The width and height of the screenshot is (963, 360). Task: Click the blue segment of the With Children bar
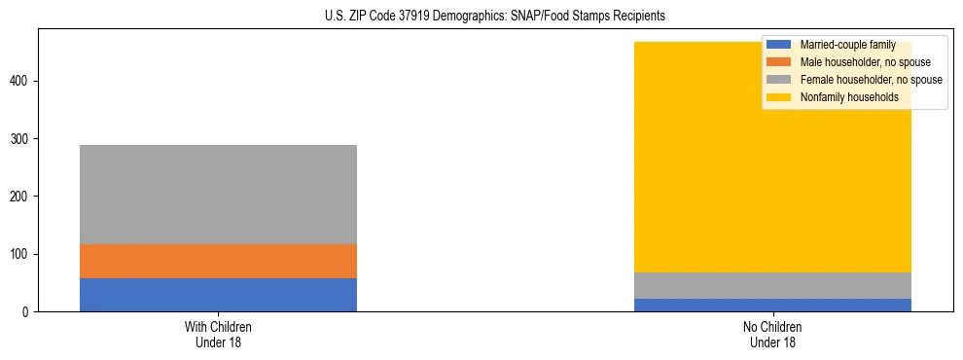point(218,295)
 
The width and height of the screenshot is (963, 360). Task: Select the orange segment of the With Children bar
point(218,261)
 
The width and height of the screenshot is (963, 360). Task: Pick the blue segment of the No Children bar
point(772,305)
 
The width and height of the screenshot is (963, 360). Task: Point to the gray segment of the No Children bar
point(772,285)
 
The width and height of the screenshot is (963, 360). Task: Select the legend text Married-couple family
point(847,45)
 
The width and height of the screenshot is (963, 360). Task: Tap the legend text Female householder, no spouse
point(871,80)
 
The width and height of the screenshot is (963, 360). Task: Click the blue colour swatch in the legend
point(779,45)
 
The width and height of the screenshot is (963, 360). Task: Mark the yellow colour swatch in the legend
point(779,97)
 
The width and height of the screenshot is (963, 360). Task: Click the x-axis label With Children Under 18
point(218,334)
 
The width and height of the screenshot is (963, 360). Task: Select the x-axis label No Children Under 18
point(772,334)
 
